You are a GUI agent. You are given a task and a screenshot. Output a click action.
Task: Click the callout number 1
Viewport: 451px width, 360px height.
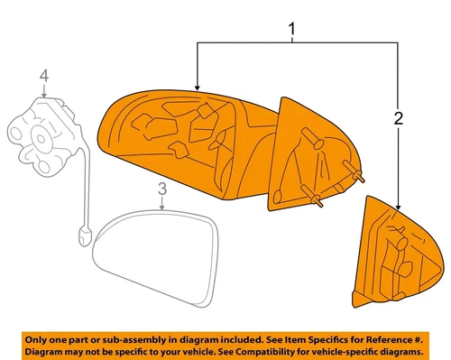pos(292,33)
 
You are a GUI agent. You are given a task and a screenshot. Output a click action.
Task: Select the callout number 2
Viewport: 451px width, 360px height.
pos(398,116)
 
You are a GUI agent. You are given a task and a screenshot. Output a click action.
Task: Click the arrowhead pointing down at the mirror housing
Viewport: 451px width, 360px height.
pos(198,85)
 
